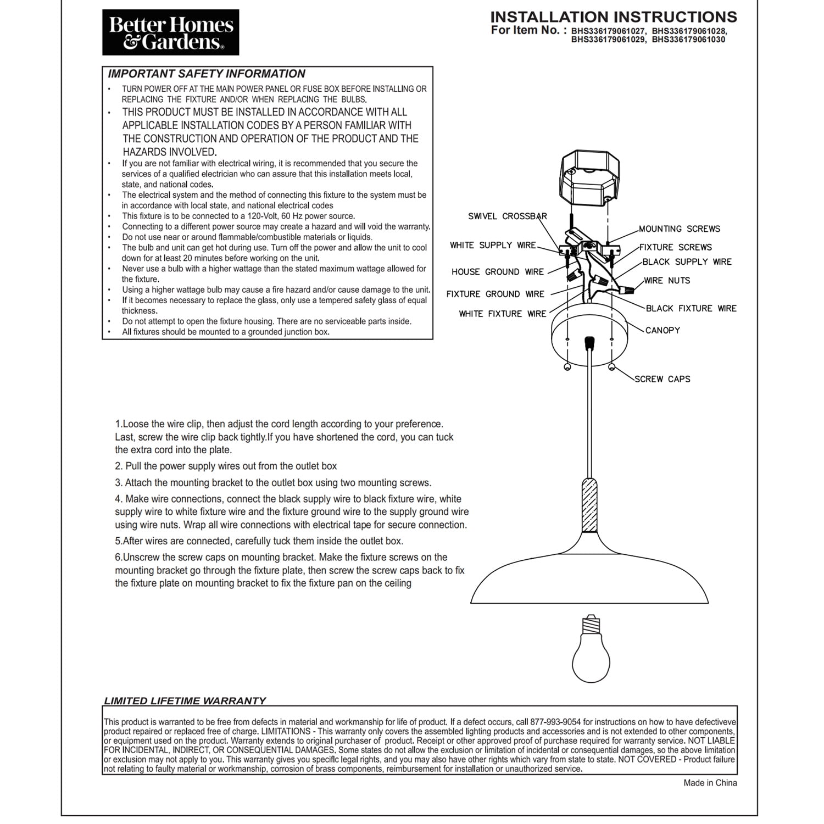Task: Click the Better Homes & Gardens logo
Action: (170, 32)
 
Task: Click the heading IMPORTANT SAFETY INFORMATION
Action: (206, 74)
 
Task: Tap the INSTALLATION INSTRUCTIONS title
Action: (614, 17)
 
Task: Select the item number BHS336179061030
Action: (688, 40)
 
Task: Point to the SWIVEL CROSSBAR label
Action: (507, 216)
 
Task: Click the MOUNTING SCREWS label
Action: (679, 229)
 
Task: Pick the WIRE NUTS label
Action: (667, 281)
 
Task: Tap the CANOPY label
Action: (662, 330)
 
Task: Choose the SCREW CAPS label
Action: (662, 379)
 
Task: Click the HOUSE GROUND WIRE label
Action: (497, 272)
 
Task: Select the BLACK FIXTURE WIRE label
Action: (691, 309)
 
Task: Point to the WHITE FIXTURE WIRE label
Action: (503, 314)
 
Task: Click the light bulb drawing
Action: (591, 654)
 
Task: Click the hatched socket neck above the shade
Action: (589, 505)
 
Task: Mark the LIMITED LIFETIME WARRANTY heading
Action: (185, 701)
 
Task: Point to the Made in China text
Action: (710, 783)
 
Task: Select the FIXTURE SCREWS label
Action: (675, 247)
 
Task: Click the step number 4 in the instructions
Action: (118, 499)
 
